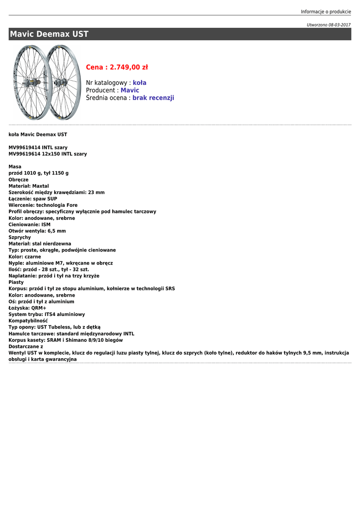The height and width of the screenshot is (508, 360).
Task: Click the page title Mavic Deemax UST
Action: coord(49,34)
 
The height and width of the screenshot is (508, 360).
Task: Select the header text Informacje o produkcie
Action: coord(326,11)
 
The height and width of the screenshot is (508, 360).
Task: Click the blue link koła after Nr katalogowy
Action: coord(140,83)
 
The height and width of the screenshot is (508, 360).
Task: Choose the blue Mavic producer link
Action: coord(130,90)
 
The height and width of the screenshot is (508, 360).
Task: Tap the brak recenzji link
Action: coord(153,98)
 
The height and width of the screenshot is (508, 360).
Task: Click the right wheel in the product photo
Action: coord(63,82)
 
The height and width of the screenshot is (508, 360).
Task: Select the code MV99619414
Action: coord(24,147)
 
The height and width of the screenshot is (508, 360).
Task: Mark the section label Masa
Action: coord(15,167)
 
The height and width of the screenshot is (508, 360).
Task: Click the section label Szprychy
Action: coord(20,238)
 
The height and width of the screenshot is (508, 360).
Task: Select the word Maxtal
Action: coord(41,186)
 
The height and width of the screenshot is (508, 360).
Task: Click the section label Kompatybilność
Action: coord(28,321)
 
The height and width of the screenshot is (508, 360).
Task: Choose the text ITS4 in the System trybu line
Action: coord(50,315)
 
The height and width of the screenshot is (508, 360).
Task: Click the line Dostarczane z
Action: coord(26,347)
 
